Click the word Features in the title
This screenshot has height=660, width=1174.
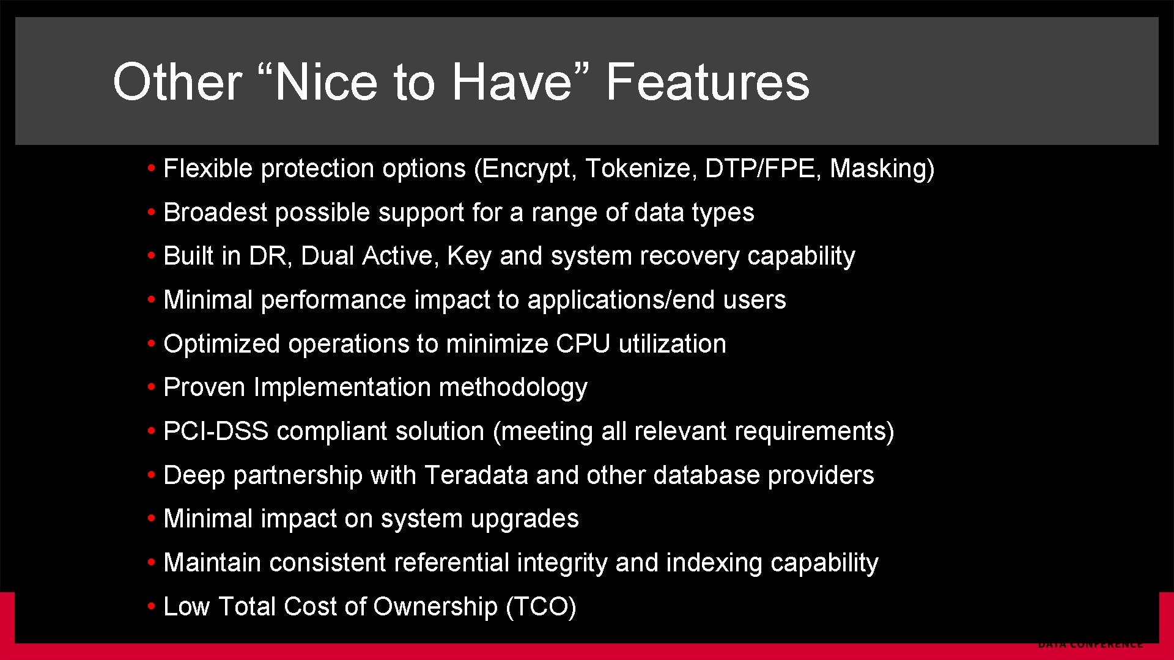click(707, 82)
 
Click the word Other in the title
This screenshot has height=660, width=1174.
click(177, 82)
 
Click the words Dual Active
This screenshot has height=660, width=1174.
click(370, 256)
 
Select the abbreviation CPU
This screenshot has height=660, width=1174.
click(583, 344)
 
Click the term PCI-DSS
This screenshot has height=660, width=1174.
click(216, 431)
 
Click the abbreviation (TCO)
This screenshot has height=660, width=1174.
click(541, 607)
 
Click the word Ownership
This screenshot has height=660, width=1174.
click(435, 607)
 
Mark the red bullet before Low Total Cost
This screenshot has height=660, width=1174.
click(151, 607)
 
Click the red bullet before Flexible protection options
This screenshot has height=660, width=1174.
click(151, 169)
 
